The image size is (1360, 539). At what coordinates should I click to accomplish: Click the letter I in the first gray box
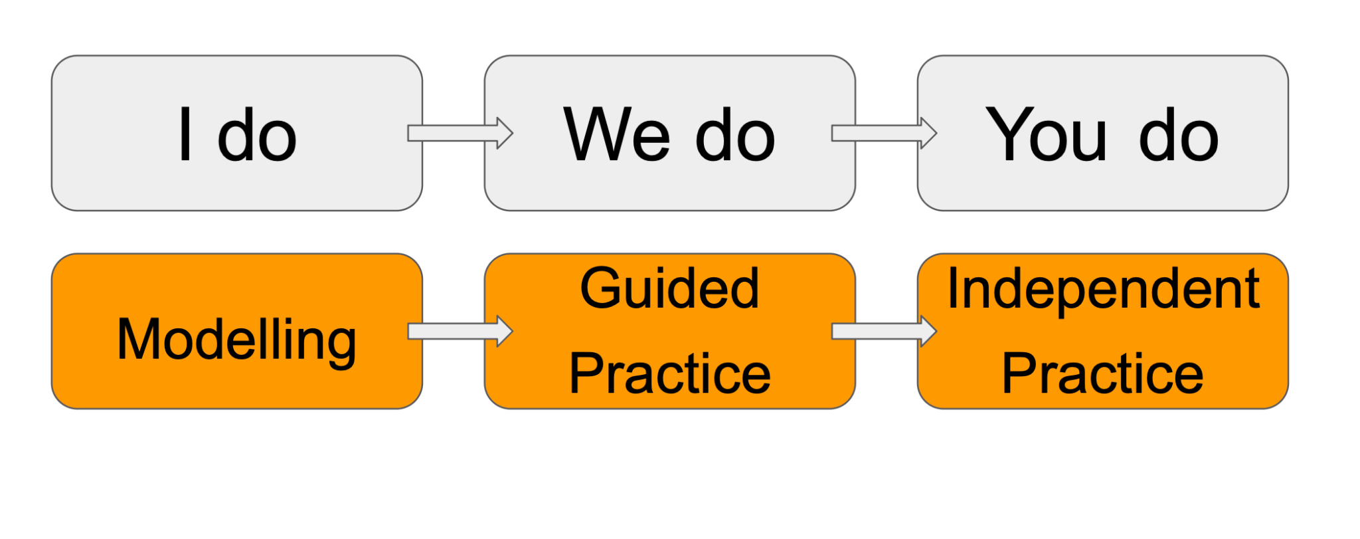tap(186, 135)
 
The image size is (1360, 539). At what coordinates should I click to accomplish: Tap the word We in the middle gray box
tap(617, 135)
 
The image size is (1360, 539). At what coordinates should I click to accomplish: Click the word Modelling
tap(236, 340)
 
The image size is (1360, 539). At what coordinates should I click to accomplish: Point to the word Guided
tap(669, 290)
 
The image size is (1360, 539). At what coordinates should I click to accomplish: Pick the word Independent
tap(1103, 290)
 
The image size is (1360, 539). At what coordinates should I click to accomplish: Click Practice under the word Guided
tap(669, 374)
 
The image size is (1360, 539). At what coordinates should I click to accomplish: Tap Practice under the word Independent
tap(1102, 374)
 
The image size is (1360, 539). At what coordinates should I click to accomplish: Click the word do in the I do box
tap(257, 136)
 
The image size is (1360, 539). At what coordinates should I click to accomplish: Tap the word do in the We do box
tap(735, 136)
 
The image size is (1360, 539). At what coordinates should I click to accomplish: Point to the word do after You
tap(1179, 136)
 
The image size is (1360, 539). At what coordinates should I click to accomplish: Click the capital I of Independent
tap(953, 288)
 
